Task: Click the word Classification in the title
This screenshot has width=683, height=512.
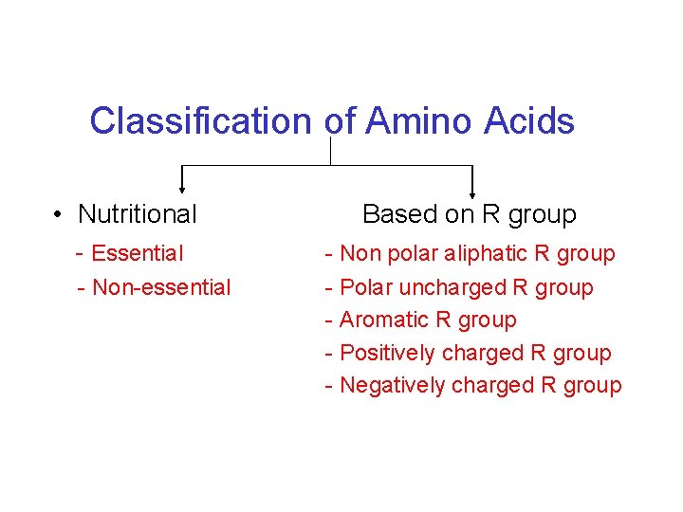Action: [x=200, y=122]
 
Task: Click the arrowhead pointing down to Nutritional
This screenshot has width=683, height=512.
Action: [x=182, y=190]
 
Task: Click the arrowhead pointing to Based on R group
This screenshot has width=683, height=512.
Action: [x=471, y=190]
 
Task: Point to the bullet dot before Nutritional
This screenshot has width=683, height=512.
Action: [x=59, y=215]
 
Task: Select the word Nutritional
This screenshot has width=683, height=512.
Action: [x=138, y=214]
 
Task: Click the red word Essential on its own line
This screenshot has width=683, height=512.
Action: [x=138, y=253]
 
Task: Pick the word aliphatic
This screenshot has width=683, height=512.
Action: [x=483, y=253]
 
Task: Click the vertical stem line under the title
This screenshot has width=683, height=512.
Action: [x=330, y=151]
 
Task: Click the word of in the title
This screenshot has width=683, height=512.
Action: [x=340, y=122]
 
